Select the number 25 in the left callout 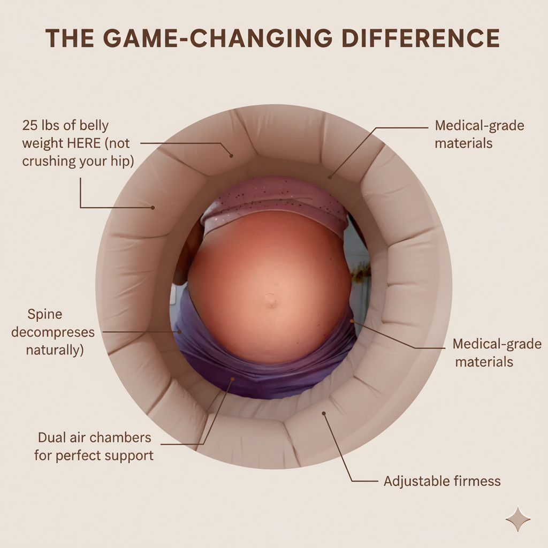pos(31,126)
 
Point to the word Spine pos(44,314)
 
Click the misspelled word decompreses pos(53,332)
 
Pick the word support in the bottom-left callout pos(131,456)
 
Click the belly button pos(270,301)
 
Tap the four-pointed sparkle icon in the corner pos(517,519)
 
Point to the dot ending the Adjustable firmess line pos(323,414)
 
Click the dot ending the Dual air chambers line pos(232,379)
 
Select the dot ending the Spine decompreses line pos(180,332)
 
